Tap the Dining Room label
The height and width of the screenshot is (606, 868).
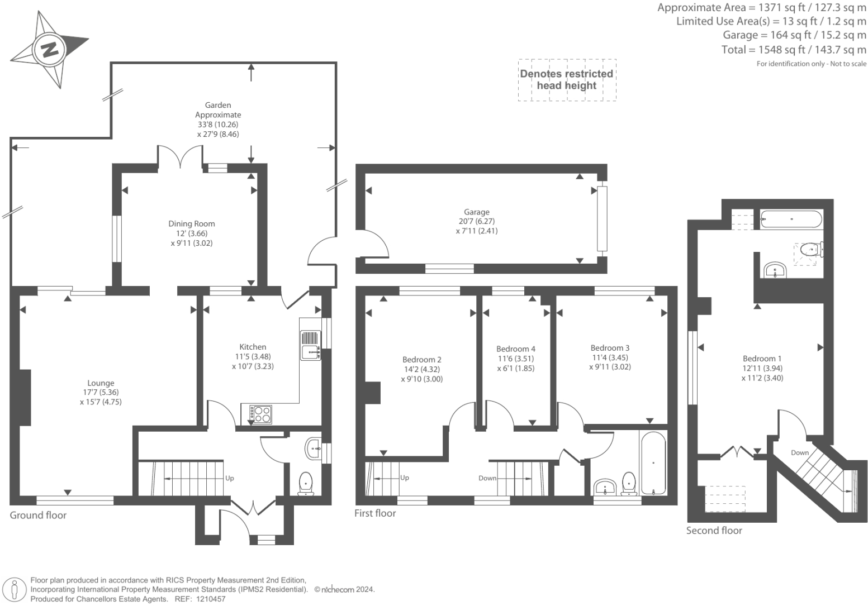(x=192, y=224)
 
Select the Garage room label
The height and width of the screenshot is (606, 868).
(x=476, y=212)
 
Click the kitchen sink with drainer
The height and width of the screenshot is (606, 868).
(x=310, y=345)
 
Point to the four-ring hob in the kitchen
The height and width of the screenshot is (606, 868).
(x=260, y=414)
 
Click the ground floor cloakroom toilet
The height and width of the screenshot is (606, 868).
(x=306, y=483)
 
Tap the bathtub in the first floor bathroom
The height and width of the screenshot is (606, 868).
(x=653, y=462)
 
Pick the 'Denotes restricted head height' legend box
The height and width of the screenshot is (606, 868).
(x=567, y=80)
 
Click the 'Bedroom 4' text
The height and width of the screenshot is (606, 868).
(x=515, y=349)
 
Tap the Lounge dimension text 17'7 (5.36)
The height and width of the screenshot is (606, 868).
(x=101, y=393)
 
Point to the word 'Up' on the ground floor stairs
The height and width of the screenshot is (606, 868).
(x=229, y=479)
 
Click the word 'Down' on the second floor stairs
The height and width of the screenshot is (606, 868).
(x=799, y=452)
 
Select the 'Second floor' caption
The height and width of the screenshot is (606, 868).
(x=714, y=531)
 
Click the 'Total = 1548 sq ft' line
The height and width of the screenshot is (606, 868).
(x=794, y=50)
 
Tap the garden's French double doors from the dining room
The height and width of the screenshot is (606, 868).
(x=180, y=156)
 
